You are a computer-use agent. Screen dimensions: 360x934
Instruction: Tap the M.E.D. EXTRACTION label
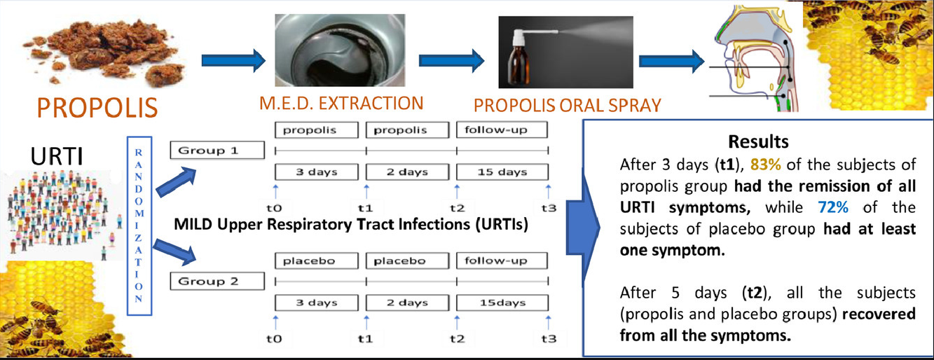coord(339,104)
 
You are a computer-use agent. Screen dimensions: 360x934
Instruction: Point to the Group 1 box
coord(218,150)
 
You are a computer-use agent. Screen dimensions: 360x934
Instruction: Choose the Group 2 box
coord(218,282)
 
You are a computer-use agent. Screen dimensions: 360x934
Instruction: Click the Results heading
coord(758,141)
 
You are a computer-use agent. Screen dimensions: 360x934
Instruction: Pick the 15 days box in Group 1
coord(501,172)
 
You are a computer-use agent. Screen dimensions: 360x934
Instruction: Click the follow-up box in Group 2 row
coord(501,261)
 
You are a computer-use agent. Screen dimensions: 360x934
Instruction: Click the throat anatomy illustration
coord(756,60)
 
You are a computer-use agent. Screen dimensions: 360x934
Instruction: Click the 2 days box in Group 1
coord(406,172)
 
